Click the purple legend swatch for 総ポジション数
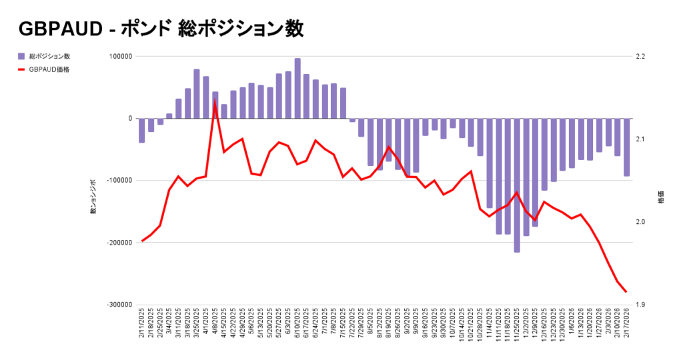tap(21, 56)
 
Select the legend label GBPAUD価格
tap(49, 69)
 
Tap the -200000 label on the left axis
tap(117, 243)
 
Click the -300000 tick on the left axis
tap(117, 305)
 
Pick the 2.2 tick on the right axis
tap(640, 56)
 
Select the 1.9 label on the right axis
tap(640, 305)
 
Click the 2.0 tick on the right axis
tap(640, 222)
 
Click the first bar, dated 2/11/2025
tap(142, 130)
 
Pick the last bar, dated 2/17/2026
tap(626, 147)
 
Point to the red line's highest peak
tap(215, 101)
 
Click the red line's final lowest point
tap(626, 292)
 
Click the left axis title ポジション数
tap(93, 197)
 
